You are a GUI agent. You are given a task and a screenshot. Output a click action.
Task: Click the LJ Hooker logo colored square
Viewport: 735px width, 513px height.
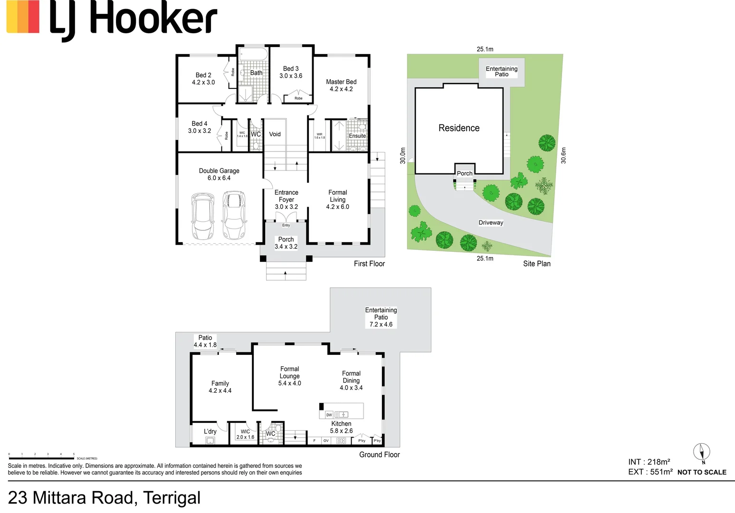[x=23, y=17]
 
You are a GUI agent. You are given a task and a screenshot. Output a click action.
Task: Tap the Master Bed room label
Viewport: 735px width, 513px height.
[x=341, y=85]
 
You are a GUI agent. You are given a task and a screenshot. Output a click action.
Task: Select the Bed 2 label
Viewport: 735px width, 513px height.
[x=203, y=78]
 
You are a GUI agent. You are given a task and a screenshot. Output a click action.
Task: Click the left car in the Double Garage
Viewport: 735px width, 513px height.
[x=203, y=216]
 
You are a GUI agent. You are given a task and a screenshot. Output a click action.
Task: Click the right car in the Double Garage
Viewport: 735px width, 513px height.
[x=234, y=215]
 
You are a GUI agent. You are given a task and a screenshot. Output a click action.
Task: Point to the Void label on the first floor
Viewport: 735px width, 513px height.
[x=275, y=134]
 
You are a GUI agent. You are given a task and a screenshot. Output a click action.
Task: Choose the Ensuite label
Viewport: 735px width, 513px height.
[x=357, y=136]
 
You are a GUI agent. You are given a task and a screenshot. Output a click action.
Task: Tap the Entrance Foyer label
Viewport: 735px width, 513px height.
[x=286, y=199]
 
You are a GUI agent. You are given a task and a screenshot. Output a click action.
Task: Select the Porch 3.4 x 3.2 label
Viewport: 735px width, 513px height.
[x=286, y=243]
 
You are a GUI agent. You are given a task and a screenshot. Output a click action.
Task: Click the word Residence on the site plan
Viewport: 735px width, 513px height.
[x=458, y=128]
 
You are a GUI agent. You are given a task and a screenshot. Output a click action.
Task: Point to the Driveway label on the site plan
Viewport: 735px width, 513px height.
[x=491, y=223]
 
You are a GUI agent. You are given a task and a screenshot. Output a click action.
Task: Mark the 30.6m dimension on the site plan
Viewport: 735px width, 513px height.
[x=563, y=155]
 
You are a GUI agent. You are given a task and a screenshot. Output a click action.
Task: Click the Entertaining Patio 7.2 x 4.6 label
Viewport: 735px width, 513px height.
[x=381, y=317]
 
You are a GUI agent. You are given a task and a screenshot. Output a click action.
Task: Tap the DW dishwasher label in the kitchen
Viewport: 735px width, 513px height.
[x=329, y=415]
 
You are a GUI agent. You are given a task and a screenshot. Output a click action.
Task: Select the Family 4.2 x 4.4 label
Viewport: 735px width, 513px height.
[x=220, y=387]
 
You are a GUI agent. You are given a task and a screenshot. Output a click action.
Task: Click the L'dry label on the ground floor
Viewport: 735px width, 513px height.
[x=210, y=431]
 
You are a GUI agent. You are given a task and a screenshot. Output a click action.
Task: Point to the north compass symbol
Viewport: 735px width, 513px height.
[x=702, y=452]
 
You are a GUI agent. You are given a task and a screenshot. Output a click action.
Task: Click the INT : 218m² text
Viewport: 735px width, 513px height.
[x=649, y=462]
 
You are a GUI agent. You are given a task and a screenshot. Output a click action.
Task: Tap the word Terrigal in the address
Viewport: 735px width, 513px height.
[x=172, y=498]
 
